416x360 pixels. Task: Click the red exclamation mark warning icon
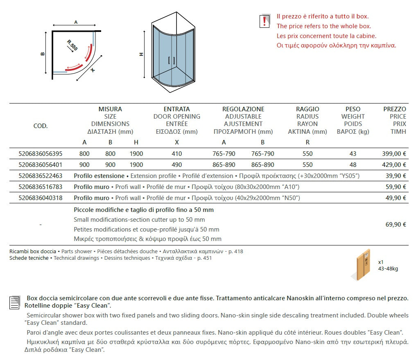click(x=265, y=21)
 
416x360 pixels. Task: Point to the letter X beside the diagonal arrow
click(x=93, y=70)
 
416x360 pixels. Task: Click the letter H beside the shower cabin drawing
click(x=141, y=54)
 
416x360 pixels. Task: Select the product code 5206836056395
click(x=41, y=154)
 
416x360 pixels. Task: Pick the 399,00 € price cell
click(x=394, y=154)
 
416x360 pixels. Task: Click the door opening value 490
click(x=177, y=165)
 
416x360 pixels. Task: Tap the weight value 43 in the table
click(x=353, y=154)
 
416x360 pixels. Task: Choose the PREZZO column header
click(x=395, y=109)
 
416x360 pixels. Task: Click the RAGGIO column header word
click(x=307, y=109)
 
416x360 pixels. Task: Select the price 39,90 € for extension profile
click(x=396, y=176)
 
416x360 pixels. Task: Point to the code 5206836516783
click(x=41, y=187)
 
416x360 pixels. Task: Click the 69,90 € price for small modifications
click(x=396, y=224)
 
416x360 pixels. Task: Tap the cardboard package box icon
click(x=363, y=264)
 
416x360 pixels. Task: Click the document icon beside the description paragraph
click(x=15, y=302)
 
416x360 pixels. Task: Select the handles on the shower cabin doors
click(x=172, y=60)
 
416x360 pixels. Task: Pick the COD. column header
click(x=41, y=126)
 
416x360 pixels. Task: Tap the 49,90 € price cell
click(x=396, y=198)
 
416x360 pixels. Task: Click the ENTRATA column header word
click(x=177, y=109)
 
